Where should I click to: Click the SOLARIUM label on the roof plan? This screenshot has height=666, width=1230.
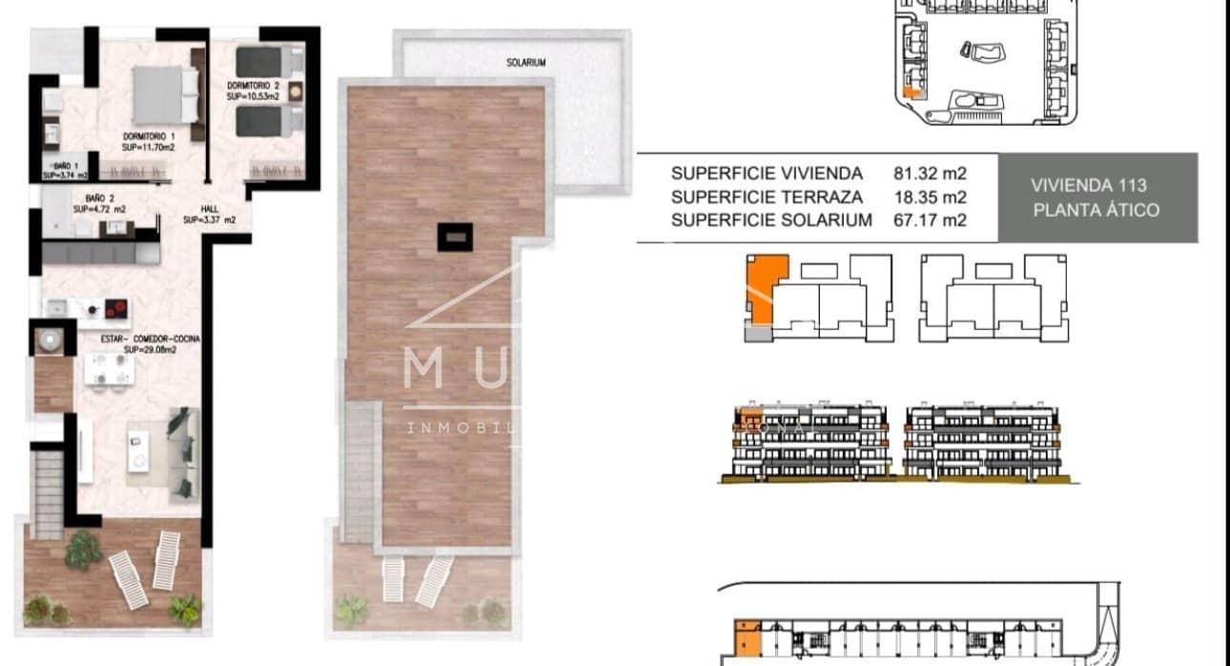tap(526, 62)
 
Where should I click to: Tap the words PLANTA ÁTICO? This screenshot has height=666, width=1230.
tap(1096, 210)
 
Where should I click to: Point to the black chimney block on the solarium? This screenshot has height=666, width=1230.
tap(453, 236)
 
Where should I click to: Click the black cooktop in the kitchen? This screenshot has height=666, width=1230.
tap(116, 308)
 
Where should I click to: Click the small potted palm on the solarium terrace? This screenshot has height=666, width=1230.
tap(352, 607)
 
